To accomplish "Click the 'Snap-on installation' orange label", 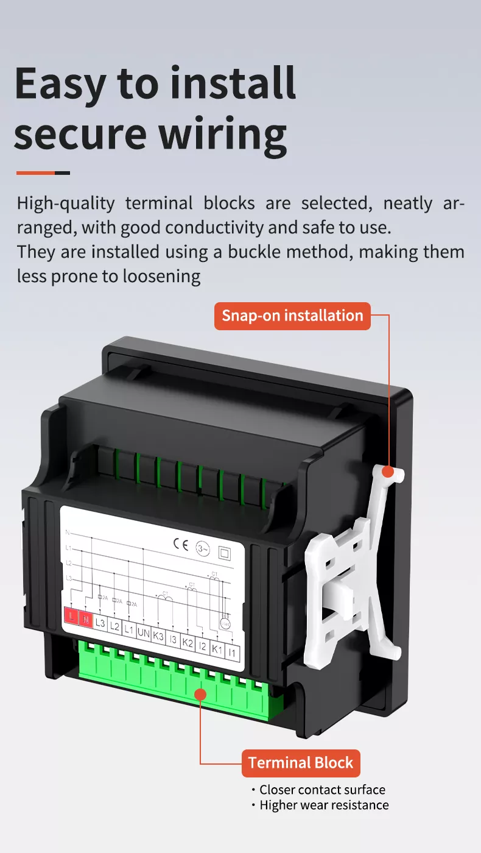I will pos(292,316).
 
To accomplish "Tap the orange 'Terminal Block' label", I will pos(301,763).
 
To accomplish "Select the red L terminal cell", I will pos(72,618).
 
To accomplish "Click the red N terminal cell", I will pos(86,620).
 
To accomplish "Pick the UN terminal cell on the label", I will pos(144,633).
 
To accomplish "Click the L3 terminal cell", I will pos(100,623).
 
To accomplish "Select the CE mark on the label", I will pos(181,544).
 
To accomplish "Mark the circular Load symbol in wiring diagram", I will pos(225,623).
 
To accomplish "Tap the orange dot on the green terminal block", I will pos(200,693).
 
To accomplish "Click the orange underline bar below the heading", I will pos(43,172).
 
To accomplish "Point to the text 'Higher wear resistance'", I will pos(323,805).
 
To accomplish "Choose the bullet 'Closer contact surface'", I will pos(321,790).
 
